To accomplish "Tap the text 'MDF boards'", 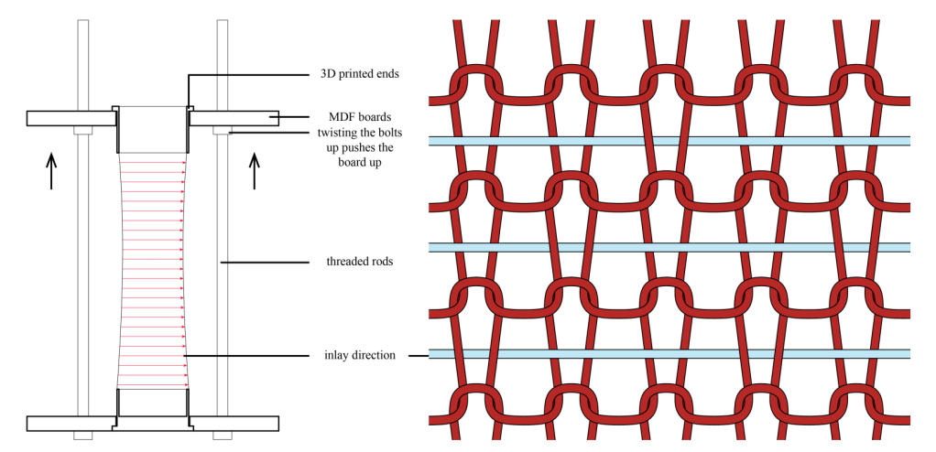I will (x=360, y=117).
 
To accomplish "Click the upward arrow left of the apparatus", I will (x=51, y=171).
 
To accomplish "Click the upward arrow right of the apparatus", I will (x=256, y=171).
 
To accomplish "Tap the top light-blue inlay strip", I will (x=669, y=140).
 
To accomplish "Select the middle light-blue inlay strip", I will (x=669, y=248).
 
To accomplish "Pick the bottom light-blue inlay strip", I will (x=669, y=354).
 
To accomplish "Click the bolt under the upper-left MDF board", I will (x=82, y=130).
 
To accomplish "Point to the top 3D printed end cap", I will (x=153, y=129).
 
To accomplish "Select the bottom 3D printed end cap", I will (x=153, y=402).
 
